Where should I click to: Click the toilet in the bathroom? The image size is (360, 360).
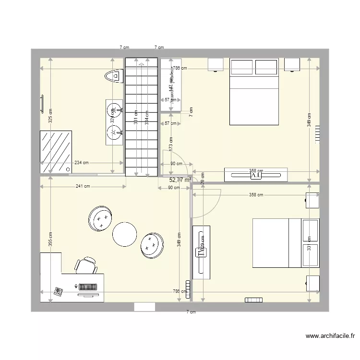coord(114,76)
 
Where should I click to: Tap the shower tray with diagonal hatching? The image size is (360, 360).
coord(56,152)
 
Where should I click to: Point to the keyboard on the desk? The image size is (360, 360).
coord(87,287)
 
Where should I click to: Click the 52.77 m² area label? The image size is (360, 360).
coord(180,180)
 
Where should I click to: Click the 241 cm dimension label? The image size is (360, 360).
coord(83,187)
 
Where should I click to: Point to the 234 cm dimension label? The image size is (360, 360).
coord(81,163)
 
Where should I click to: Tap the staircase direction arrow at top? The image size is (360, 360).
coord(141,63)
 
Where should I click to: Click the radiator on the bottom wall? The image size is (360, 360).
coord(253,300)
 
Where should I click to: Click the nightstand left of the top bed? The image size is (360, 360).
coord(216,64)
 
